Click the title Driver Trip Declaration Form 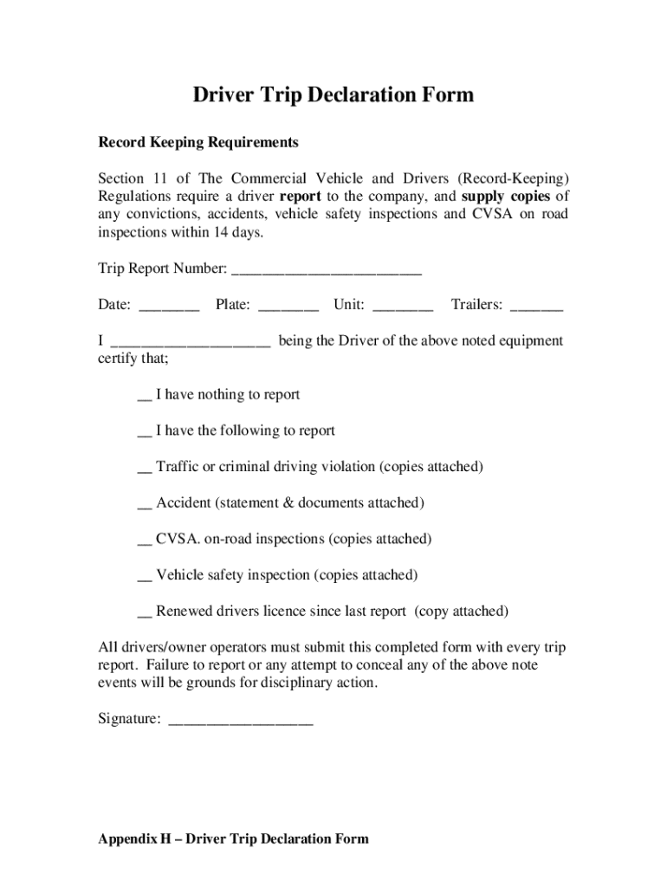pyautogui.click(x=333, y=94)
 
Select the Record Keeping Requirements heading pyautogui.click(x=198, y=142)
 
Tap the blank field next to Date pyautogui.click(x=169, y=306)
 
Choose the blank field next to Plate pyautogui.click(x=288, y=306)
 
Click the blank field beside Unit pyautogui.click(x=402, y=306)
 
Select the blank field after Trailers pyautogui.click(x=537, y=306)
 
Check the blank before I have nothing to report pyautogui.click(x=145, y=396)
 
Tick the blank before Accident pyautogui.click(x=145, y=504)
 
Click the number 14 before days pyautogui.click(x=216, y=234)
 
